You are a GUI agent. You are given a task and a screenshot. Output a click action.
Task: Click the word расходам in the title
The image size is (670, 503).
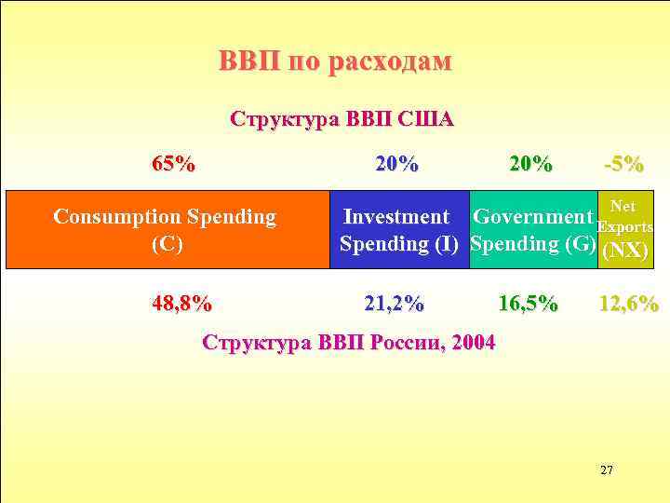coord(392,62)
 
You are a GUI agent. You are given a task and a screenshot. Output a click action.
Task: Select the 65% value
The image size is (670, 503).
coord(173,165)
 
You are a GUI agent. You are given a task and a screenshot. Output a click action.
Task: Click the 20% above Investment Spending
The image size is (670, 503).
coord(396,165)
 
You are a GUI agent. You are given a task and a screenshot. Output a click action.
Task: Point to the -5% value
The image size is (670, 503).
coord(623,165)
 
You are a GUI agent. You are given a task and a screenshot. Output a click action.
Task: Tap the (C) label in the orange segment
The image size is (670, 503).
coord(166,244)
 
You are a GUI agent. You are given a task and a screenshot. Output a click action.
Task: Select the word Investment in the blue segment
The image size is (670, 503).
coord(396,217)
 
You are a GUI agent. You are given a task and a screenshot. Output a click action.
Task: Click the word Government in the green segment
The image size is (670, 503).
coord(533,217)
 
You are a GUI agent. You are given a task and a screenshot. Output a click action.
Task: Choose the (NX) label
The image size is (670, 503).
coord(626,251)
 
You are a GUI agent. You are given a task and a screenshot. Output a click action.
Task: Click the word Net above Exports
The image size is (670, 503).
coord(623,206)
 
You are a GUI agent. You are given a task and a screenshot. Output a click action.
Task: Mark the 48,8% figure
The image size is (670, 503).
coord(181,304)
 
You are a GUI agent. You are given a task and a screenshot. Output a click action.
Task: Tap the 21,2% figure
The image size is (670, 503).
coord(394,304)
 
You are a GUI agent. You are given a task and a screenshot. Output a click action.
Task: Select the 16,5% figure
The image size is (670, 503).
coord(529,304)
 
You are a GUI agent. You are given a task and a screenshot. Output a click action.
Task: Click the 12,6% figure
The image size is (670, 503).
coord(629,304)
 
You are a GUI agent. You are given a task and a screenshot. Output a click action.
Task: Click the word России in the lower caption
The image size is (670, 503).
coord(402,342)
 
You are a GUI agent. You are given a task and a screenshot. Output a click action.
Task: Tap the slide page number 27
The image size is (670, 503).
coord(606,469)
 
